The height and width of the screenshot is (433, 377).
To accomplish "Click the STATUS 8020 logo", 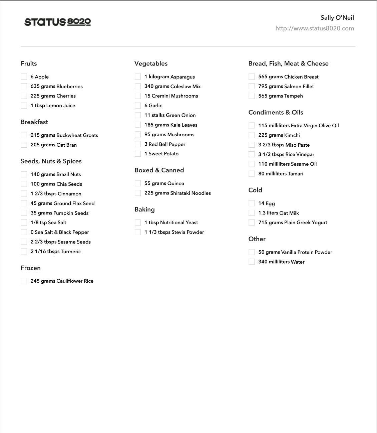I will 57,22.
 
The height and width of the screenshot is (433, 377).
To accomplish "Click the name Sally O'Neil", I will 337,18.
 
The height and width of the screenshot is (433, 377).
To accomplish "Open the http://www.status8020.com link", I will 315,28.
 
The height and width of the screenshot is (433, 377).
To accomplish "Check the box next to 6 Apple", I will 24,77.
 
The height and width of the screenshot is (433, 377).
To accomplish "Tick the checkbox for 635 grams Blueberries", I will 24,86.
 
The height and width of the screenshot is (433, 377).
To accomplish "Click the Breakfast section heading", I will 34,122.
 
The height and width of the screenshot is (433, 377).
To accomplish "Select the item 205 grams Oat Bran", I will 54,145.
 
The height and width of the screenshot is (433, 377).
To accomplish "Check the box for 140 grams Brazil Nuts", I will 24,174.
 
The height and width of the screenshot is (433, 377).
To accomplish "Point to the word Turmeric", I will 71,251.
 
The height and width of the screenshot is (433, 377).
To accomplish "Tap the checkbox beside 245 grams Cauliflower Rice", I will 24,281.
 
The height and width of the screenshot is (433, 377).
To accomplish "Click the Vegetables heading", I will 151,63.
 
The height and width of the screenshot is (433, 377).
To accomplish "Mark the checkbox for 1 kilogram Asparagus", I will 138,77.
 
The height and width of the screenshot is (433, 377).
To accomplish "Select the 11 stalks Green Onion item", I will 170,115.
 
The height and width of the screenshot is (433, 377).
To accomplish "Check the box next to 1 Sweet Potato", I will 138,154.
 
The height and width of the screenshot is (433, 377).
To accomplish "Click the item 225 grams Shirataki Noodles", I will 177,193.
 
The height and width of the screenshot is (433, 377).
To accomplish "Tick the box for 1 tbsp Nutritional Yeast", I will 138,223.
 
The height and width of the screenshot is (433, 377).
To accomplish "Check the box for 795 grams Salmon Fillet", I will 252,86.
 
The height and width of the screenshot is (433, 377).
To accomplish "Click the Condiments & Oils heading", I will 276,112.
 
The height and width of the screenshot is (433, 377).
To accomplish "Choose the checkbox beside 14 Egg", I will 252,203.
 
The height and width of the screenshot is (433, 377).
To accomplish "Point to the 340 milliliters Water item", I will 281,262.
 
